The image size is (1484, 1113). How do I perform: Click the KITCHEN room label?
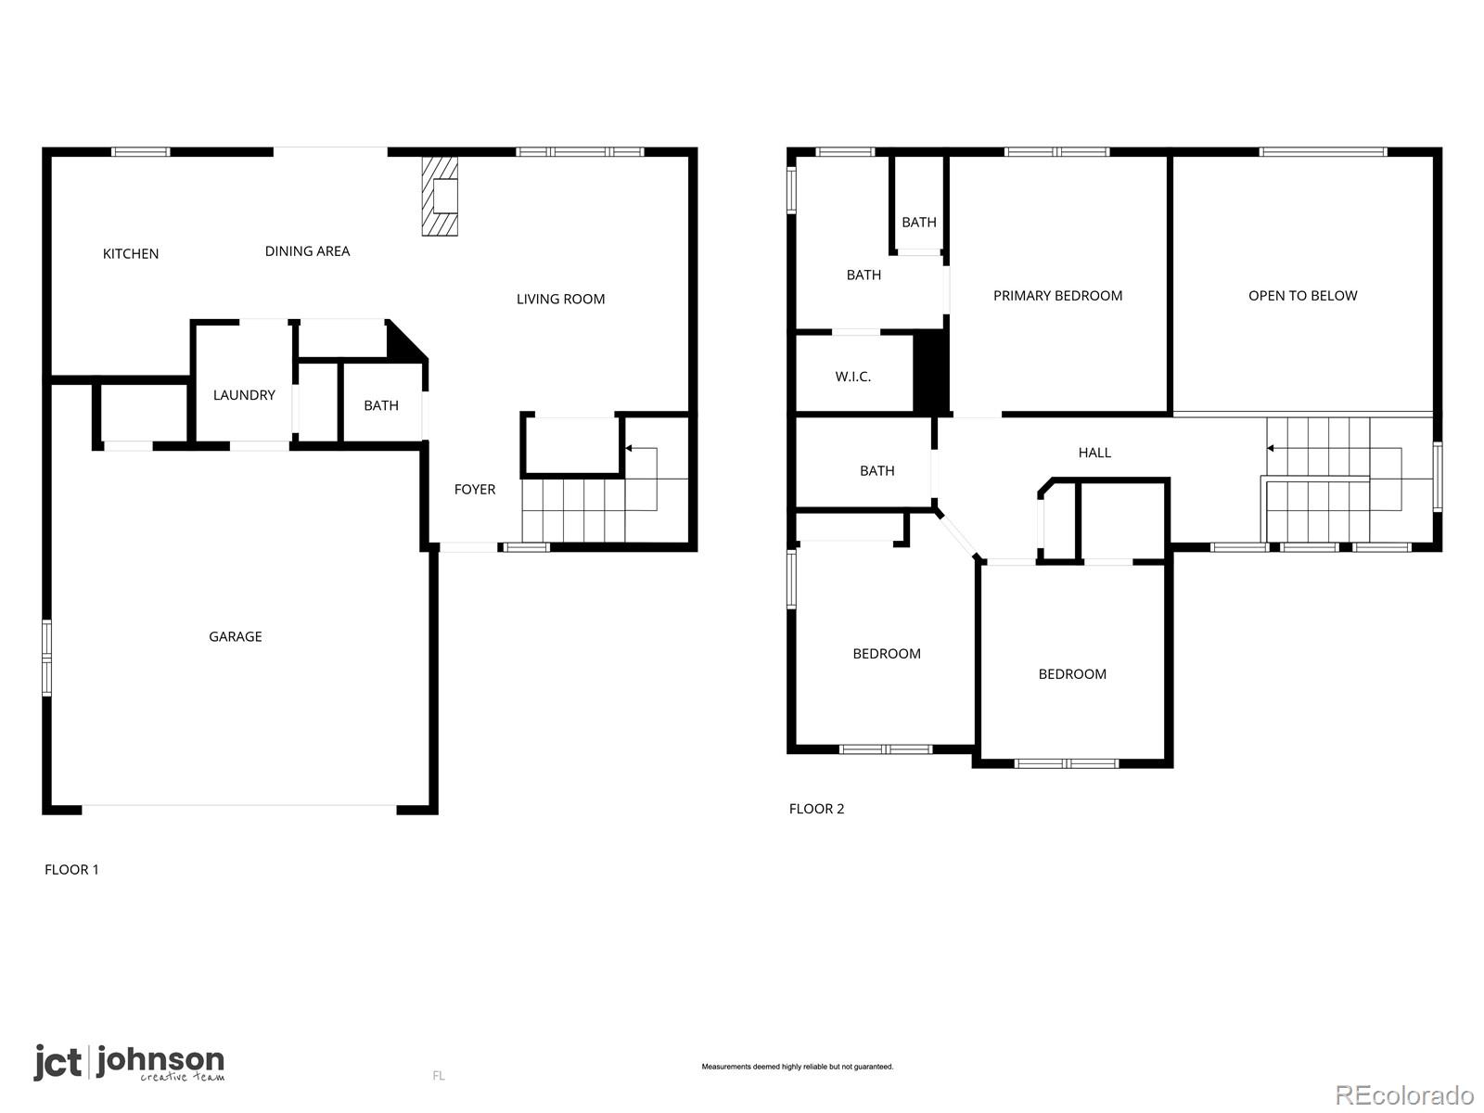click(x=131, y=253)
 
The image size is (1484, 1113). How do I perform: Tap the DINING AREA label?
click(x=307, y=250)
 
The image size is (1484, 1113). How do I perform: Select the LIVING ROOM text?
click(x=560, y=299)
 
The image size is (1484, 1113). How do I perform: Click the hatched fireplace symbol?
click(x=440, y=196)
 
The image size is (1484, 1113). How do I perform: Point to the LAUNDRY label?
click(x=244, y=395)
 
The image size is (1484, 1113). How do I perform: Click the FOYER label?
click(x=475, y=489)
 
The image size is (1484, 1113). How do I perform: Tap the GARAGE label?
click(x=236, y=636)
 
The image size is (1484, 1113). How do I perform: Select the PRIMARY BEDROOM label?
click(x=1057, y=295)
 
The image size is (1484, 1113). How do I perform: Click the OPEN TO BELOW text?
click(x=1302, y=295)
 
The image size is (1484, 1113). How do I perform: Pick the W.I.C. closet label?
click(x=852, y=377)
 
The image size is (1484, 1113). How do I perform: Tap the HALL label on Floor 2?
click(x=1094, y=452)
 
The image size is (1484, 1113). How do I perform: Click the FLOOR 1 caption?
click(x=71, y=869)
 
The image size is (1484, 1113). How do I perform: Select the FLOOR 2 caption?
click(x=816, y=808)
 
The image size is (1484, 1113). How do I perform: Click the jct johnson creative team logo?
click(x=129, y=1063)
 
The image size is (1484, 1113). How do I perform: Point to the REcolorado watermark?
click(x=1404, y=1094)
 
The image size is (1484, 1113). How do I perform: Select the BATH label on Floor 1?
click(x=380, y=404)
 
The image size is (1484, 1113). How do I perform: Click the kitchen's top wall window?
click(x=141, y=152)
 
